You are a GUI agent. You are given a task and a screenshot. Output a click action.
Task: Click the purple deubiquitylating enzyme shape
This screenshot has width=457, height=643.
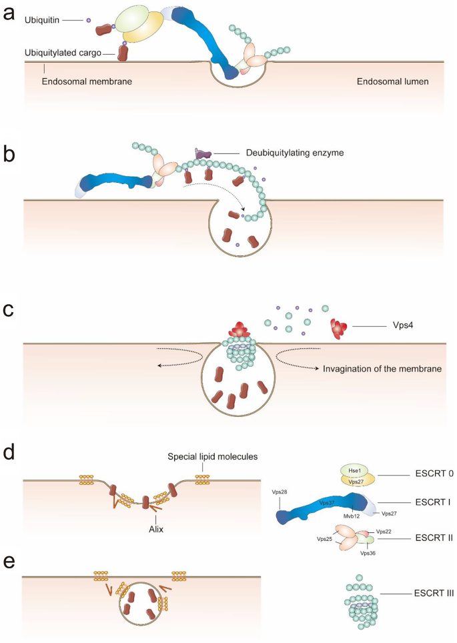pos(200,155)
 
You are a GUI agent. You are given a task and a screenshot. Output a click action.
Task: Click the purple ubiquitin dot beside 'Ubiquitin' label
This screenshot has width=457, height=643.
pos(89,20)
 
